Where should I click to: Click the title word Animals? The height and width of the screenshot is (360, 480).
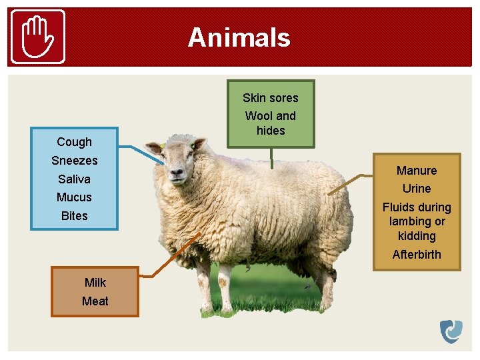click(x=239, y=37)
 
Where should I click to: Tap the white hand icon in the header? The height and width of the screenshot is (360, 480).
click(x=39, y=37)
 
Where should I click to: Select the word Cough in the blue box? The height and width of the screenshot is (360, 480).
click(x=74, y=142)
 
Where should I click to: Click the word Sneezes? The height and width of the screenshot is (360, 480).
click(x=74, y=161)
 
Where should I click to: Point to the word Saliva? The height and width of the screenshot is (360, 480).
click(x=74, y=179)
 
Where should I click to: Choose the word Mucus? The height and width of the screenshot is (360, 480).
click(x=74, y=197)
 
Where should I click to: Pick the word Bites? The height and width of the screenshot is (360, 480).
click(x=74, y=216)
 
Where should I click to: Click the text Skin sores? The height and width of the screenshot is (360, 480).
click(x=270, y=98)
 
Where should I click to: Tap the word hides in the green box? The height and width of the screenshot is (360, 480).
click(x=271, y=131)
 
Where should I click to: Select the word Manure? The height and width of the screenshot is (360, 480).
click(x=417, y=171)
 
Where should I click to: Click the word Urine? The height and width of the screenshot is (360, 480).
click(x=417, y=189)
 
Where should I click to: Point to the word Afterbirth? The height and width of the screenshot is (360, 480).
click(x=417, y=255)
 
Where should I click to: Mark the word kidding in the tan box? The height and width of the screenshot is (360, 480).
click(x=417, y=236)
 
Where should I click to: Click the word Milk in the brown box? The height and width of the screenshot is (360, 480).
click(x=95, y=283)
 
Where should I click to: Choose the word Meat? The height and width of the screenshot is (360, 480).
click(x=95, y=301)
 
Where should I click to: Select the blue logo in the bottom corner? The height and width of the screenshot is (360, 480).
click(x=451, y=331)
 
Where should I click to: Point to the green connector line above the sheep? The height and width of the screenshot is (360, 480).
click(x=271, y=157)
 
